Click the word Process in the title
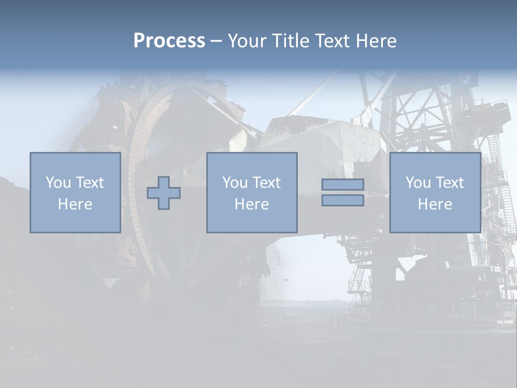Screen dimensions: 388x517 point(169,41)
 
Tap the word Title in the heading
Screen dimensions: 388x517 point(291,41)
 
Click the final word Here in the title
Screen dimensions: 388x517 point(375,41)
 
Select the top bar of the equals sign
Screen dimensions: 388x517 point(343,184)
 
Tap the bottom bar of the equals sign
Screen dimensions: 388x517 point(343,200)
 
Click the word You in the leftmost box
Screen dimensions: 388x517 point(58,183)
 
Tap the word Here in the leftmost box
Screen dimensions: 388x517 point(75,204)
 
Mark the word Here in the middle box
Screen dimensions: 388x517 point(252,204)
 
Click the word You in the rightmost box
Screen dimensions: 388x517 point(417,183)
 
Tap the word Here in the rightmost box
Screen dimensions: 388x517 point(435,204)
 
